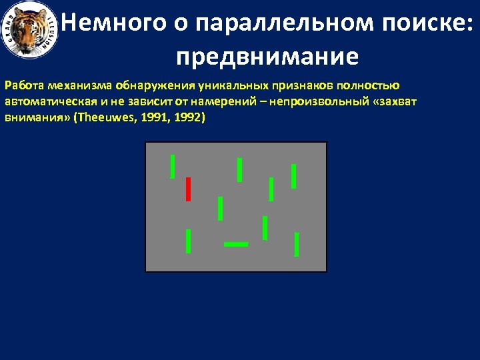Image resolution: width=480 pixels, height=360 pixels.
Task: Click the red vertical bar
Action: click(189, 189)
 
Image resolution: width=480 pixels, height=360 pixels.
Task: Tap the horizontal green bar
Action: click(236, 245)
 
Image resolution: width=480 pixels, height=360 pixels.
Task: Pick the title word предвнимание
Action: click(267, 57)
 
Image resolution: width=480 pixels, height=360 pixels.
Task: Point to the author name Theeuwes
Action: click(106, 117)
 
